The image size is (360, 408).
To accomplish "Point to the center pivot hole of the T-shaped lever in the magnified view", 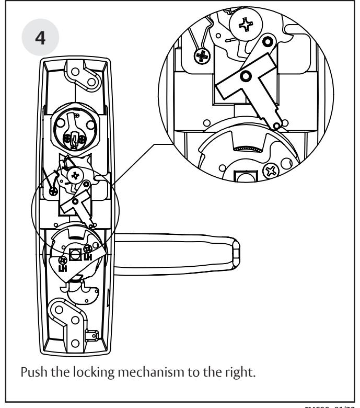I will [x=243, y=77].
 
